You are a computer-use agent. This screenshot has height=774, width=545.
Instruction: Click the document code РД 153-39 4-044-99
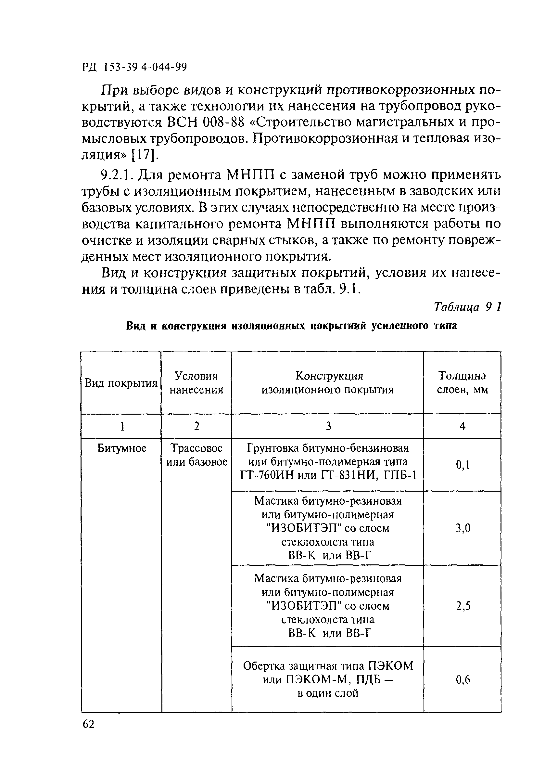pos(134,68)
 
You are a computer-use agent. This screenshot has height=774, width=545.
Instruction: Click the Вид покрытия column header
pos(121,383)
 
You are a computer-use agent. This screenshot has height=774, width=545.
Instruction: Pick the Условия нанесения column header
pos(196,383)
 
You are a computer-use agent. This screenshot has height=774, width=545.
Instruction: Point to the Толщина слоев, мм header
pos(463,383)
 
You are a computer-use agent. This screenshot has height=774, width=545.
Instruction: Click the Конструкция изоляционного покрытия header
pos(328,383)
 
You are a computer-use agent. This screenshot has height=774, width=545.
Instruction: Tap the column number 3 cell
pos(328,426)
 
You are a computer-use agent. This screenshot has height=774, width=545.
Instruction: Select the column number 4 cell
pos(463,426)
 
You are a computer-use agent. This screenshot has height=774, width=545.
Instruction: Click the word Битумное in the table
pos(122,448)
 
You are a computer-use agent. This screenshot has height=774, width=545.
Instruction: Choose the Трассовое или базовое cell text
pos(196,455)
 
